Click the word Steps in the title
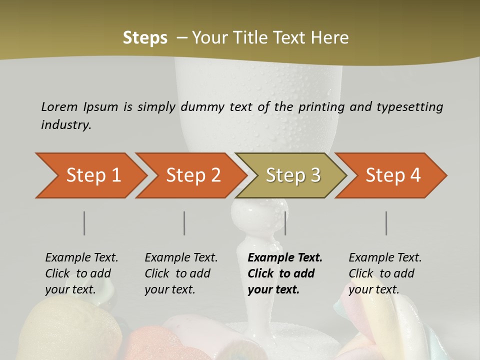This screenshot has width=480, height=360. [x=145, y=38]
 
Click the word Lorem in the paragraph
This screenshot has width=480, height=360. [x=59, y=106]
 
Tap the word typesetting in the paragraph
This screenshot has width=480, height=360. [x=409, y=107]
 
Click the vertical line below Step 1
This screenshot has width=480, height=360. [x=84, y=223]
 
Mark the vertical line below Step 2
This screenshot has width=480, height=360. [x=184, y=223]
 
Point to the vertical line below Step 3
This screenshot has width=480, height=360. [x=285, y=223]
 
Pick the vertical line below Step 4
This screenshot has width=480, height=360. [x=386, y=223]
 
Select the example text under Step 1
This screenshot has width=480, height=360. [x=81, y=273]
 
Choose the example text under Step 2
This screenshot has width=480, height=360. [x=181, y=273]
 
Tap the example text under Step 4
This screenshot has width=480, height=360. [x=385, y=273]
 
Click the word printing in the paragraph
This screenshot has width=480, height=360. [x=320, y=107]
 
